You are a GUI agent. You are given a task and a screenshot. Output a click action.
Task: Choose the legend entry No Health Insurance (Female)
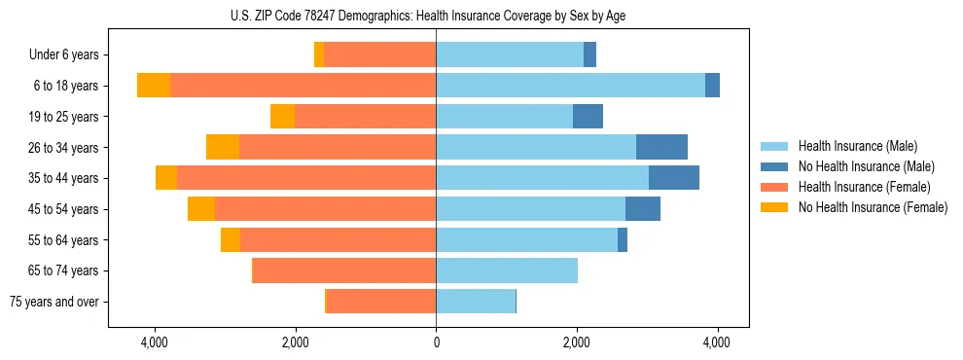coord(872,207)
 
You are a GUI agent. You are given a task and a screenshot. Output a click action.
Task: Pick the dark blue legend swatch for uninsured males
coord(774,166)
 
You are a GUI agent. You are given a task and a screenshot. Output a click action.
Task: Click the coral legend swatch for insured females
coord(774,187)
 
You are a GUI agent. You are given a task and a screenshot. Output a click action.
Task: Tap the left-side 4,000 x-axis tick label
coord(154,343)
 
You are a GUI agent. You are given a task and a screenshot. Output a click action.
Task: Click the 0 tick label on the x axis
coord(436,343)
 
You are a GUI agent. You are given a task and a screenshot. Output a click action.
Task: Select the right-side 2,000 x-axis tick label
coord(577,343)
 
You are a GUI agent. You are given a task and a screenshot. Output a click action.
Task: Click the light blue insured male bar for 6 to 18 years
coord(570,86)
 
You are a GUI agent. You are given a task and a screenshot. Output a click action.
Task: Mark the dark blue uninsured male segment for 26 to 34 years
coord(661,147)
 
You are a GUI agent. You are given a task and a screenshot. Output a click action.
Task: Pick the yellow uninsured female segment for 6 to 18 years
coord(154,86)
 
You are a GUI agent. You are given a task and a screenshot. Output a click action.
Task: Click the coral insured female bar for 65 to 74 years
coord(344,270)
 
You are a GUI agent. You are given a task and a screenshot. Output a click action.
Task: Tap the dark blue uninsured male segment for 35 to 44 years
coord(673,178)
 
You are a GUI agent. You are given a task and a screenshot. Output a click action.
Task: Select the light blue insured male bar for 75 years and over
coord(476,302)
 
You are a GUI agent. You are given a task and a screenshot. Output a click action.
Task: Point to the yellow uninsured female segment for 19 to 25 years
coord(282,117)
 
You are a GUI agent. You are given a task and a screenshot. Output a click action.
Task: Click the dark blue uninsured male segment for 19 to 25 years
coord(588,117)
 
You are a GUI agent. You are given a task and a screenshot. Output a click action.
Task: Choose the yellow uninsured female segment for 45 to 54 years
coord(201,209)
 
